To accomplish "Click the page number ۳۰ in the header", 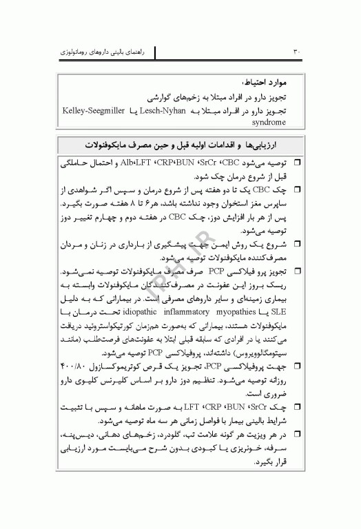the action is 297,51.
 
